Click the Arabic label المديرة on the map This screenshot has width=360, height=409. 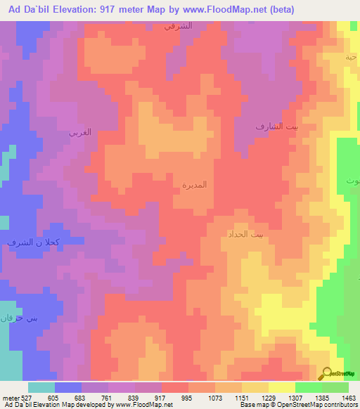pos(195,185)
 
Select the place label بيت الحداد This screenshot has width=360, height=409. pos(246,234)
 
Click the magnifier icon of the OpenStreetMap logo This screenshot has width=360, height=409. pos(327,372)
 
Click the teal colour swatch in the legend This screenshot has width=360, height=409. pos(41,387)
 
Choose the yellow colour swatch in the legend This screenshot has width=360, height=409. pos(281,387)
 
